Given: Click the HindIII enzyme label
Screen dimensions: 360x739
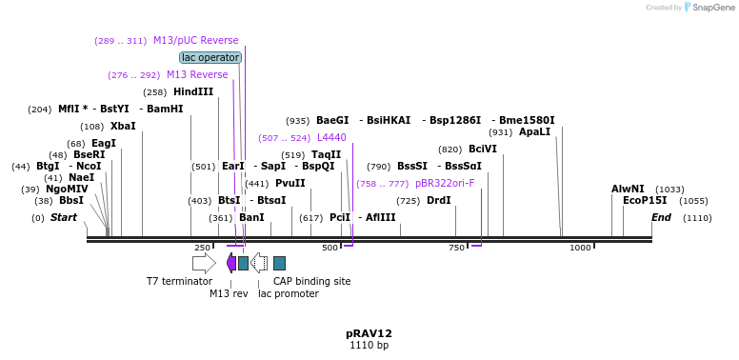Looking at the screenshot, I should click(x=193, y=92).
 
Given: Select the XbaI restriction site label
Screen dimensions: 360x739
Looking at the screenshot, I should click(x=123, y=126).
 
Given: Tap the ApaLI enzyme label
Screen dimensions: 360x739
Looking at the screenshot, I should click(x=534, y=131).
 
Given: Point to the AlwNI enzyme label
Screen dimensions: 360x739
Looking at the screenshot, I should click(x=628, y=189).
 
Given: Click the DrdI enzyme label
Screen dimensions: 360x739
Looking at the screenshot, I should click(x=439, y=201).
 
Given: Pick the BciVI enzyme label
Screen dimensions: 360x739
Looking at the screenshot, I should click(x=483, y=149).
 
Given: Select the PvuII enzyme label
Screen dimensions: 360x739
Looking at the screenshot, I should click(x=290, y=183).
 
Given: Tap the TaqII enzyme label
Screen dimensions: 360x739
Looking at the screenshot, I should click(x=326, y=154).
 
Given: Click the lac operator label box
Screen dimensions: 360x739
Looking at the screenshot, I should click(x=210, y=57).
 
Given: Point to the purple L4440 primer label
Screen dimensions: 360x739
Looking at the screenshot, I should click(x=331, y=138).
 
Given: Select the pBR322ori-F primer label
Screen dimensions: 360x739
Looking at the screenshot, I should click(x=445, y=183).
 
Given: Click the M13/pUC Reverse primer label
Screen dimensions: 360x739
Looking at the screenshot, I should click(x=195, y=41).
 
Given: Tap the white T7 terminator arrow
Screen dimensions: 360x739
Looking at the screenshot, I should click(x=204, y=263).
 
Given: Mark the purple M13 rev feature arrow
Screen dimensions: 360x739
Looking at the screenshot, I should click(x=231, y=263).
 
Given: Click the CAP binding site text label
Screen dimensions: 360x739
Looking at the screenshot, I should click(x=311, y=281).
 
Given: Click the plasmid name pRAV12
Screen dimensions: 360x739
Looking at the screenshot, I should click(x=369, y=333).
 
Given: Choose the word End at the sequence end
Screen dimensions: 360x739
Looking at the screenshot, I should click(x=661, y=218).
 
